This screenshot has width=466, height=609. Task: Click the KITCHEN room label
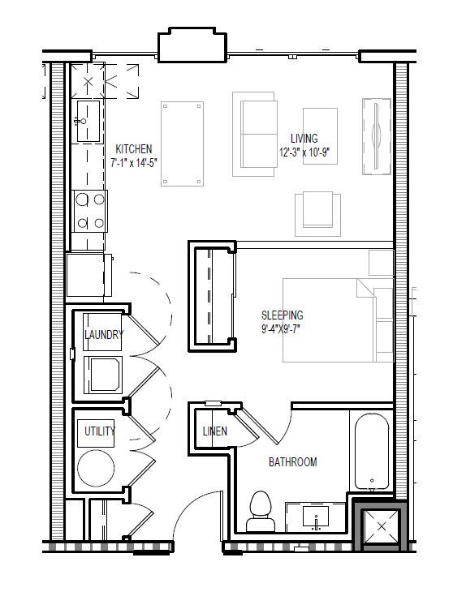pos(133,149)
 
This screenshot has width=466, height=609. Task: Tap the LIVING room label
pos(304,139)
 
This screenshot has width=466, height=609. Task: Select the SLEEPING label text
pos(282,315)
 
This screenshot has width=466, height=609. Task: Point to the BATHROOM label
pos(292,462)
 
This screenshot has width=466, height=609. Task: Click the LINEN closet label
pos(214,431)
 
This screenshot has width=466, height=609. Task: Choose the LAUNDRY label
pos(104,335)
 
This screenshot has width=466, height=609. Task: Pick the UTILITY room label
pos(99,431)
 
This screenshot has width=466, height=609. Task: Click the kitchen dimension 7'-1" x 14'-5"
pos(134,162)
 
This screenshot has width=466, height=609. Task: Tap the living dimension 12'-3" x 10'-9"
pos(304,152)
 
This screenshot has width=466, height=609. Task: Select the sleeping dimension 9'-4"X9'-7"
pos(282,328)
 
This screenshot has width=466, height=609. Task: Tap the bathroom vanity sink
pos(317,516)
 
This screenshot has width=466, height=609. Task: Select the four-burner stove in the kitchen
pos(88,210)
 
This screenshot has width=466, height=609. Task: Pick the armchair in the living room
pos(317,210)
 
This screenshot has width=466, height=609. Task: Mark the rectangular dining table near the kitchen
pos(183,143)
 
